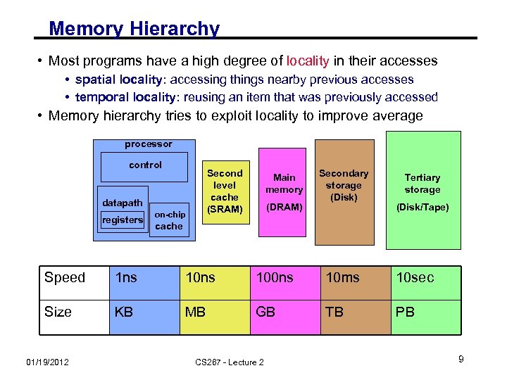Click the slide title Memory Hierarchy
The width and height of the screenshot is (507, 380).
tap(134, 29)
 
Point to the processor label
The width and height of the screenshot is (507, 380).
tap(148, 144)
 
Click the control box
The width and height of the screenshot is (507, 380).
tap(145, 165)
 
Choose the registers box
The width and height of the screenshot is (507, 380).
tap(123, 220)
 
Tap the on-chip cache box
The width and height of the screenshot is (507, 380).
tap(169, 220)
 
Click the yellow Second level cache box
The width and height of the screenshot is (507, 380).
tap(225, 191)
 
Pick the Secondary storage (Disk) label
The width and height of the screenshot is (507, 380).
tap(344, 185)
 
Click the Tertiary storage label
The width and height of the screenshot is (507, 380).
tap(423, 183)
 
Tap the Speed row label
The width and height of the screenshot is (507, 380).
tap(65, 278)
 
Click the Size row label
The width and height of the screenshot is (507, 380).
tap(58, 312)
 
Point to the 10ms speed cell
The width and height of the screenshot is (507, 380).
tap(342, 278)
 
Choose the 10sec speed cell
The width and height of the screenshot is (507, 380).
tap(415, 278)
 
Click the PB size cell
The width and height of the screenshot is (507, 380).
tap(405, 312)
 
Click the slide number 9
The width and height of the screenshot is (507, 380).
tap(461, 360)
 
